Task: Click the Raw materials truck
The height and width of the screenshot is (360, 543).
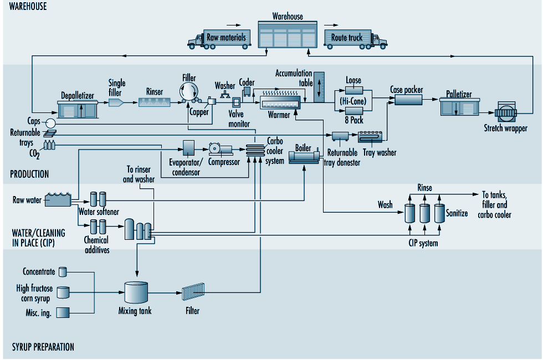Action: (219, 39)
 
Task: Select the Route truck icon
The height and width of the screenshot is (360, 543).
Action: (356, 39)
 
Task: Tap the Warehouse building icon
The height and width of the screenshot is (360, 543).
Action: (288, 34)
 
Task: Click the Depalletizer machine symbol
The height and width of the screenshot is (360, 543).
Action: (77, 110)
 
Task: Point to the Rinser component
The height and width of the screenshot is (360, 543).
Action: (155, 102)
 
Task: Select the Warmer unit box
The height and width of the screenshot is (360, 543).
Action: (280, 103)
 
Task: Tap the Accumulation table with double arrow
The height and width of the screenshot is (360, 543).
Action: (319, 88)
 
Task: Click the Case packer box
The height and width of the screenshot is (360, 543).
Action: (409, 100)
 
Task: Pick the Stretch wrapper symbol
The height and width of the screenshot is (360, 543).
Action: (506, 112)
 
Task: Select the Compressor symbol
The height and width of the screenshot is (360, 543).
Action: (221, 149)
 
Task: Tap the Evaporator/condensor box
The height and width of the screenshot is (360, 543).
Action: (188, 148)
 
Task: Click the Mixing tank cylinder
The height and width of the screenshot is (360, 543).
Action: (136, 292)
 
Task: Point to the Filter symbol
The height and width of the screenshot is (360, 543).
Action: (193, 291)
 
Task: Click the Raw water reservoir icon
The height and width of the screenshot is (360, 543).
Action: (58, 199)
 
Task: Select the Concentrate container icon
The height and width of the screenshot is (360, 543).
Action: (63, 272)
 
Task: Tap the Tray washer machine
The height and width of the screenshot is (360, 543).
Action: (370, 137)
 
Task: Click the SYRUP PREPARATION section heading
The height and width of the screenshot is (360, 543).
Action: (43, 347)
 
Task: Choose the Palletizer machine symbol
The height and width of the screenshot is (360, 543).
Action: (459, 107)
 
